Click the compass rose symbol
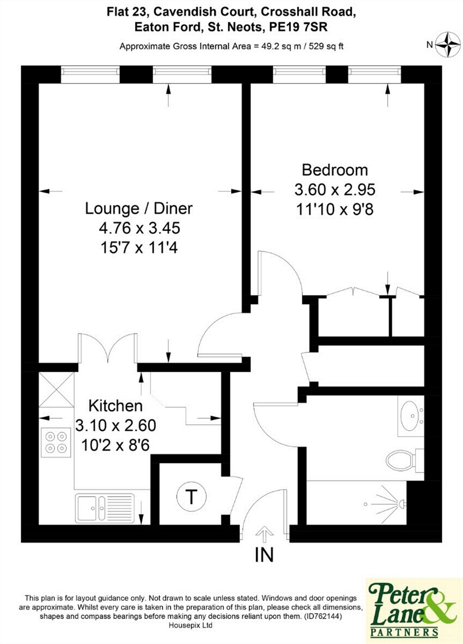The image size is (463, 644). (x=448, y=44)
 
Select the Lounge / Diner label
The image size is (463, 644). (x=139, y=209)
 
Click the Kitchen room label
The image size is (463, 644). (x=116, y=406)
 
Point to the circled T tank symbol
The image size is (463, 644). (x=191, y=496)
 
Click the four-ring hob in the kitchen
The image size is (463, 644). (x=56, y=442)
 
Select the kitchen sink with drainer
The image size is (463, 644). (x=105, y=508)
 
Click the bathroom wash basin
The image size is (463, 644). (x=411, y=416)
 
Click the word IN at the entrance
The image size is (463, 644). (x=264, y=555)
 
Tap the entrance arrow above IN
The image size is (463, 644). (x=264, y=534)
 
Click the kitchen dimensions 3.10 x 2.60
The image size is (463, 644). (x=116, y=426)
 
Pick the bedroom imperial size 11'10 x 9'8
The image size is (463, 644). (x=335, y=209)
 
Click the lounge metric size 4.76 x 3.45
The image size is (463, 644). (x=140, y=228)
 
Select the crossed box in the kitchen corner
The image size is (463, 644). (x=57, y=390)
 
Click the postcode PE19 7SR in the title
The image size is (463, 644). (x=298, y=27)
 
